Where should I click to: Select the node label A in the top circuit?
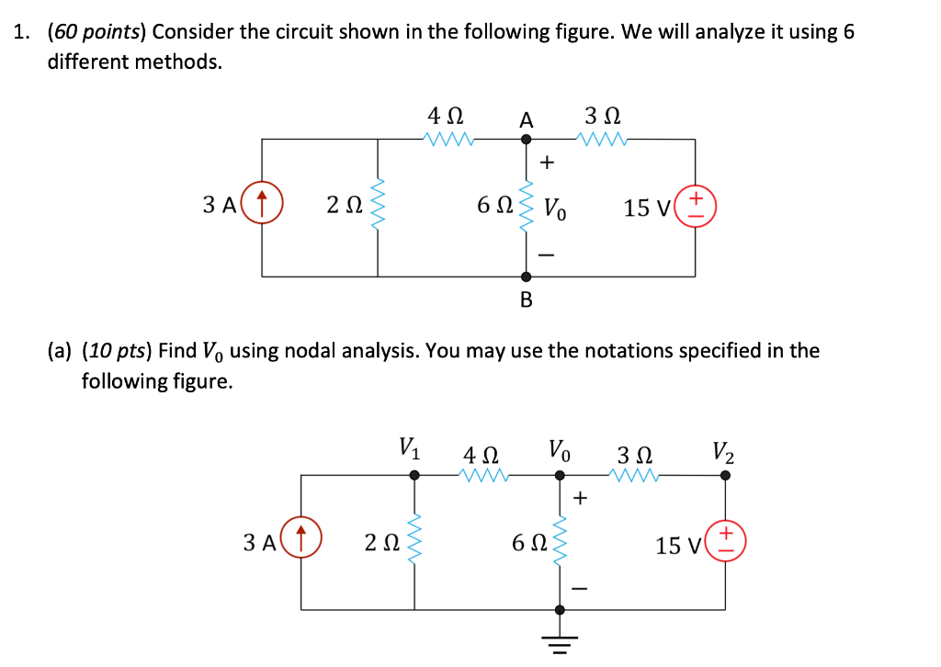[x=526, y=119]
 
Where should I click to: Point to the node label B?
[x=526, y=300]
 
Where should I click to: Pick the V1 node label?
[x=411, y=450]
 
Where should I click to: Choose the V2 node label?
[x=724, y=452]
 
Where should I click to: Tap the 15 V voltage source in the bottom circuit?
[x=726, y=542]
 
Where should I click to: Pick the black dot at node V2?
[x=725, y=475]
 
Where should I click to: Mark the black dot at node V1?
[x=414, y=475]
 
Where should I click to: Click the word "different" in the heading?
[x=87, y=62]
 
